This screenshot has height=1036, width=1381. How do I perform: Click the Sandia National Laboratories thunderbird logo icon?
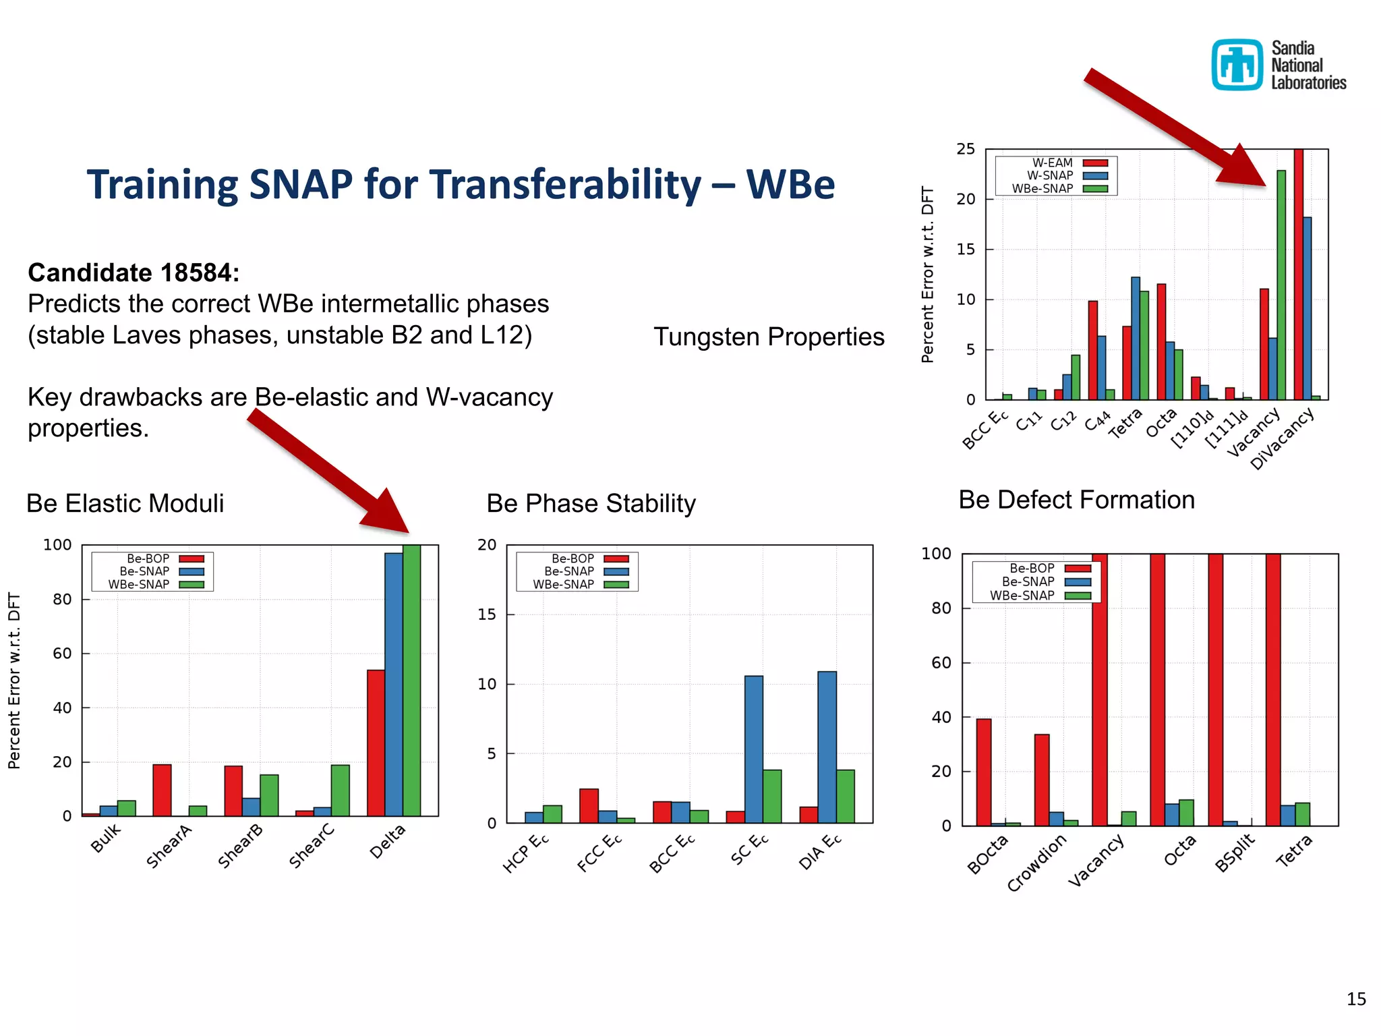coord(1237,65)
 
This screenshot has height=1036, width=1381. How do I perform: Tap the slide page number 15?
coord(1356,999)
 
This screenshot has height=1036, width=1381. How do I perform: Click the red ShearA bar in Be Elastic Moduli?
coord(162,790)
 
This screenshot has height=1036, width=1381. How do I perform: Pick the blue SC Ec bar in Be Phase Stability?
coord(754,749)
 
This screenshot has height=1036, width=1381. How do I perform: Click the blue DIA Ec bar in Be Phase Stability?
coord(827,747)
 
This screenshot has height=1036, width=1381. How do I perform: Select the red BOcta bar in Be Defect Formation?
coord(984,772)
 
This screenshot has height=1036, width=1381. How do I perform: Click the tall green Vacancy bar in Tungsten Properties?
coord(1281,285)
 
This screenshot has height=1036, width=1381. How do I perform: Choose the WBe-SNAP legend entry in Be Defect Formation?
coord(1038,596)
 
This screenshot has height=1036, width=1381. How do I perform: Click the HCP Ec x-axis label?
coord(526,853)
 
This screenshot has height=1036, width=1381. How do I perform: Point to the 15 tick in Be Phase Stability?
coord(487,614)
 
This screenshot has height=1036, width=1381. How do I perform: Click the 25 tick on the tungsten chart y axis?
coord(966,149)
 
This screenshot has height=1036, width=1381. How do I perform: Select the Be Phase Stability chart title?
coord(591,503)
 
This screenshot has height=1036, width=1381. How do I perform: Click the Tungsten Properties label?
coord(769,337)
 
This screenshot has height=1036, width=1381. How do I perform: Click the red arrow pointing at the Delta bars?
coord(330,471)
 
